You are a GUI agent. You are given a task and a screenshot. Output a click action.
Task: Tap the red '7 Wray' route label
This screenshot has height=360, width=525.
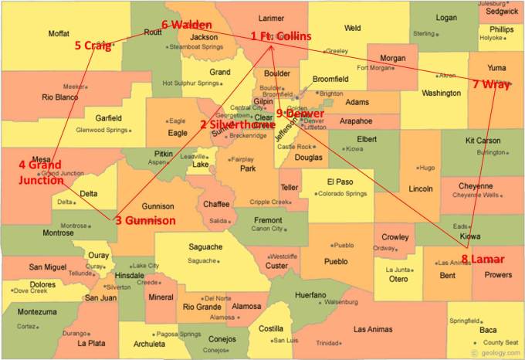point(490,83)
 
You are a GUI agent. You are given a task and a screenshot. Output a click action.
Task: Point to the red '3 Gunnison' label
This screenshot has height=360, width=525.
point(145,220)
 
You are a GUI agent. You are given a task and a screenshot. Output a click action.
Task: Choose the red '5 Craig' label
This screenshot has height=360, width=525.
point(93,45)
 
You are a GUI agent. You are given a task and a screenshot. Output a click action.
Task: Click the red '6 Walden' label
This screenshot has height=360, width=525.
point(187,25)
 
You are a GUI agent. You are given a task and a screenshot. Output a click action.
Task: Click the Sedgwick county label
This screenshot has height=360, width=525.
point(503,12)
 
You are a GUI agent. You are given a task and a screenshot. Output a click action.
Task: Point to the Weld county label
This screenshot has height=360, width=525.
point(352,28)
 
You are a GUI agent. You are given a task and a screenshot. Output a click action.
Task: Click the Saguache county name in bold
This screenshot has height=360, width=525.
point(205,247)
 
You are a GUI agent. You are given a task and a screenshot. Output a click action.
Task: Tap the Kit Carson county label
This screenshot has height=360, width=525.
point(483,141)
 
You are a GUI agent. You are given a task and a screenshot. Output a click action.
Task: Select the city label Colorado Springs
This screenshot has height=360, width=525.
point(343,194)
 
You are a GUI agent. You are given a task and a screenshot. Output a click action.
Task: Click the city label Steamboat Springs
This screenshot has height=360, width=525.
point(196,46)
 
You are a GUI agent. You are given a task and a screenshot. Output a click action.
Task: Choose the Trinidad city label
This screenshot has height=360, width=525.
point(327,343)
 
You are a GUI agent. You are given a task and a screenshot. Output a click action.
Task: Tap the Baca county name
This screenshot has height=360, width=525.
point(488,330)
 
